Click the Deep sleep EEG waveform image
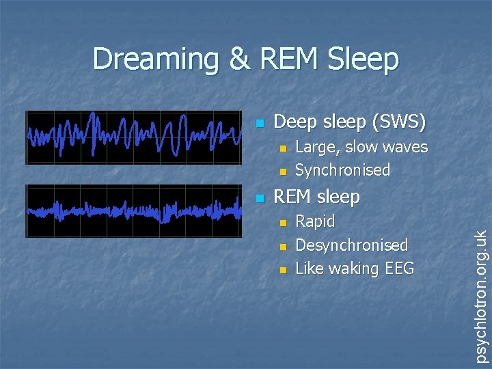tap(133, 137)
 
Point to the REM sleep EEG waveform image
tap(133, 211)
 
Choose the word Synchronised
tap(342, 170)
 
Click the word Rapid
tap(315, 222)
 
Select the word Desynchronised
tap(351, 245)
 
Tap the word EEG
tap(399, 269)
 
